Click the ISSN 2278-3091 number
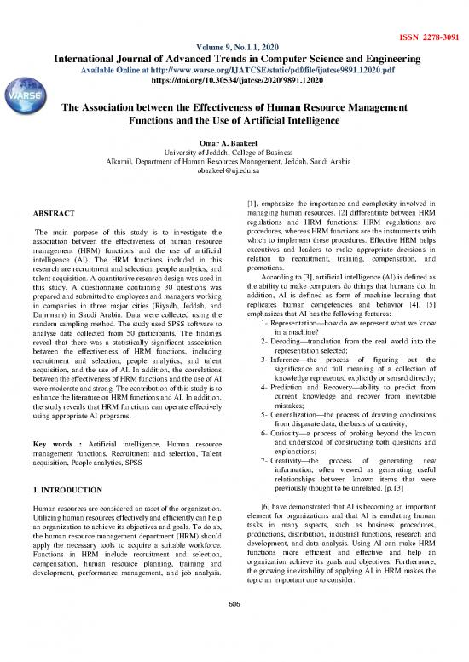point(430,14)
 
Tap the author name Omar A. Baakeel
point(234,141)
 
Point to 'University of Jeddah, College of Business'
point(234,151)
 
